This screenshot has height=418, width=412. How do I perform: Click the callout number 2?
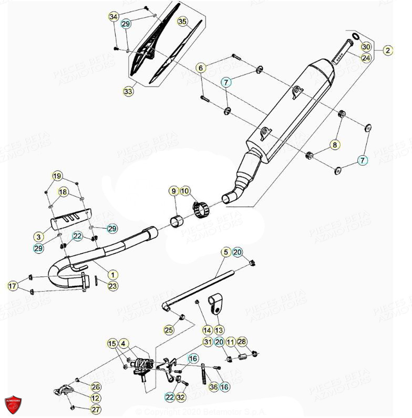387,50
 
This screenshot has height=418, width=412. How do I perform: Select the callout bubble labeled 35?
182,22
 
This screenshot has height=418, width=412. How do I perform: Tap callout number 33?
129,91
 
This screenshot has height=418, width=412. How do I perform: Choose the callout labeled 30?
366,47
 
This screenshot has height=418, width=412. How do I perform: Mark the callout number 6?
200,68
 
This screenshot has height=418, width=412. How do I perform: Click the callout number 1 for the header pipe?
112,274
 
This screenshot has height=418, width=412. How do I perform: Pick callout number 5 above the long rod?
225,253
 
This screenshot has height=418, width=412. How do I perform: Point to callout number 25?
168,330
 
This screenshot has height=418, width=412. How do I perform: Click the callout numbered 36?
213,387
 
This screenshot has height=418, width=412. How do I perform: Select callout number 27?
95,410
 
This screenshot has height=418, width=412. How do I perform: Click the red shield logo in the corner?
13,405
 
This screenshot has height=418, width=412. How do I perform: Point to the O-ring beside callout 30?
356,37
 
